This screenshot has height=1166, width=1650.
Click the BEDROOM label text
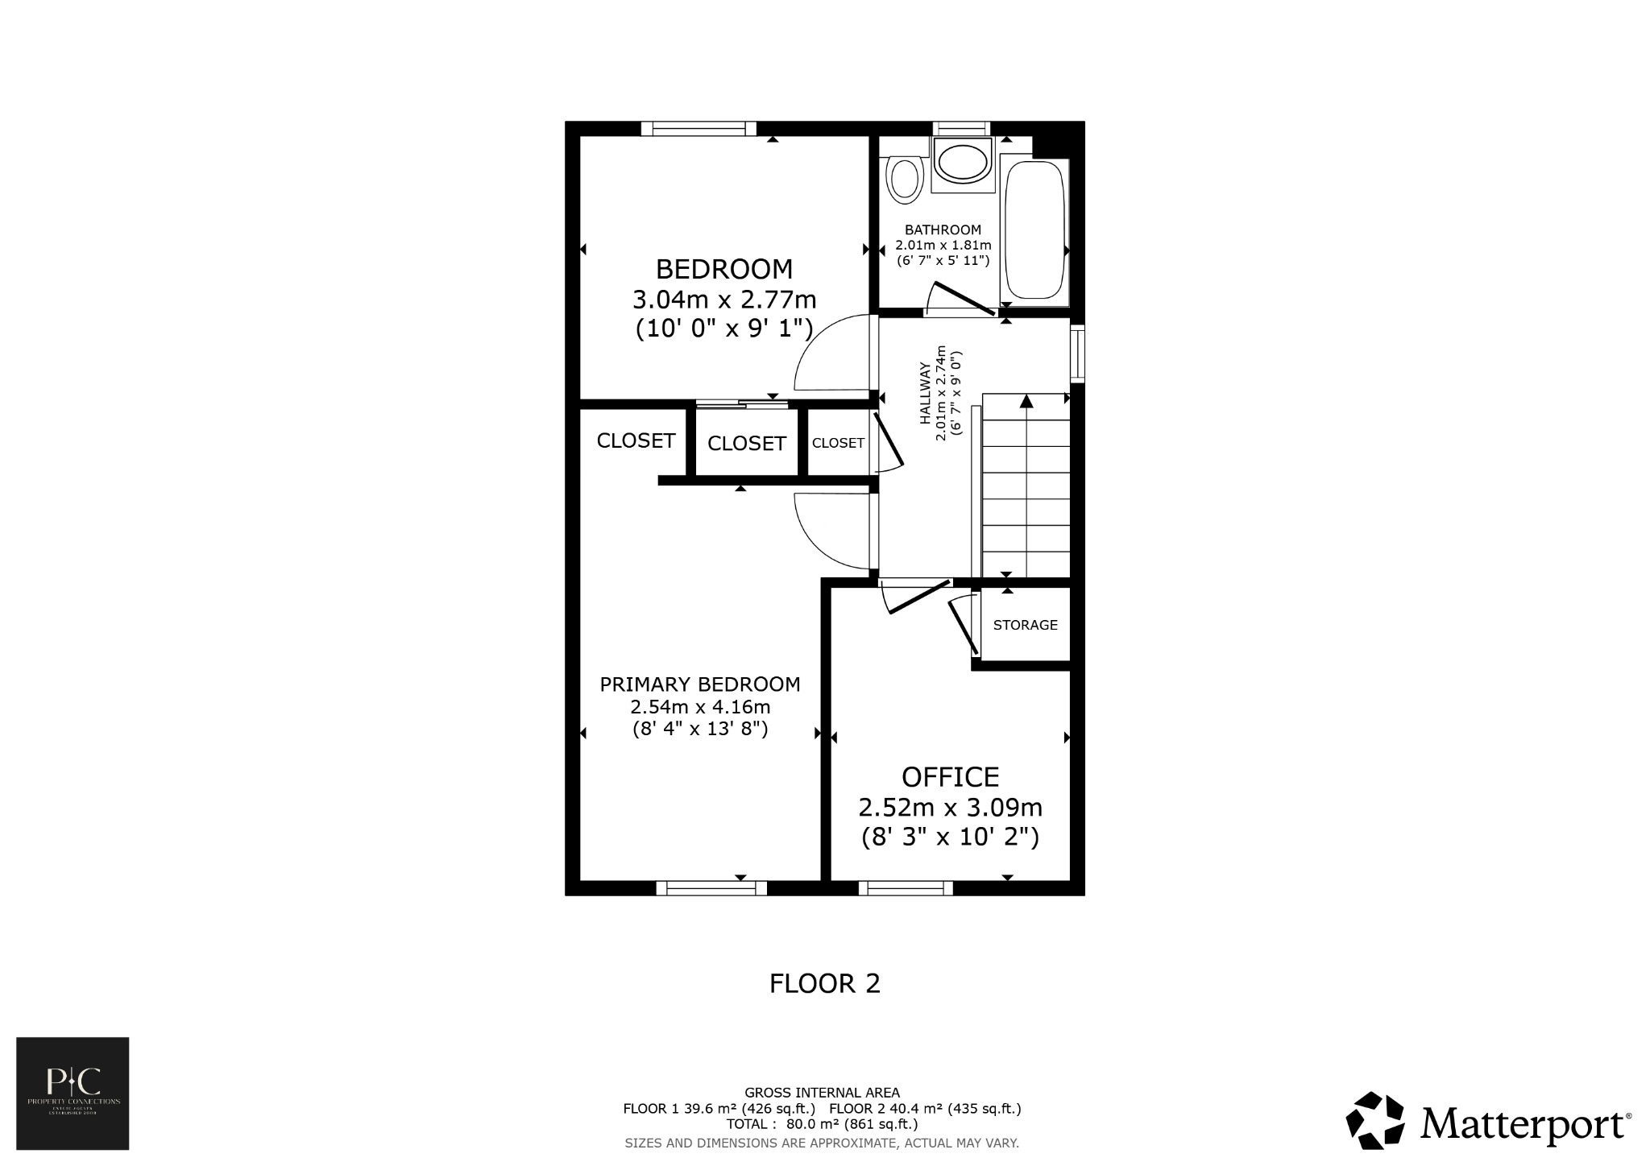coord(723,268)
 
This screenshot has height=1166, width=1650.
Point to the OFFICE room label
coord(950,777)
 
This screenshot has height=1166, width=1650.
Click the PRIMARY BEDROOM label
coord(699,684)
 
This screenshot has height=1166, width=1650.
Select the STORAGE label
coord(1025,625)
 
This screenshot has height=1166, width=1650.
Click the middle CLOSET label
coord(746,444)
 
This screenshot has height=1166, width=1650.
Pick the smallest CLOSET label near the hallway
coord(838,443)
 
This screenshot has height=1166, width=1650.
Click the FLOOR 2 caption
coord(824,983)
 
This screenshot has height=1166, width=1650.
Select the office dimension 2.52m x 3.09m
coord(950,807)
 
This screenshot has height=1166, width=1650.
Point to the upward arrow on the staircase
coord(1026,400)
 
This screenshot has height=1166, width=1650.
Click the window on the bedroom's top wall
coord(699,128)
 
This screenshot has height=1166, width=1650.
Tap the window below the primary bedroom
coord(711,888)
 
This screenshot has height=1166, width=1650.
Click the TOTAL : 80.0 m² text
coord(822,1123)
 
